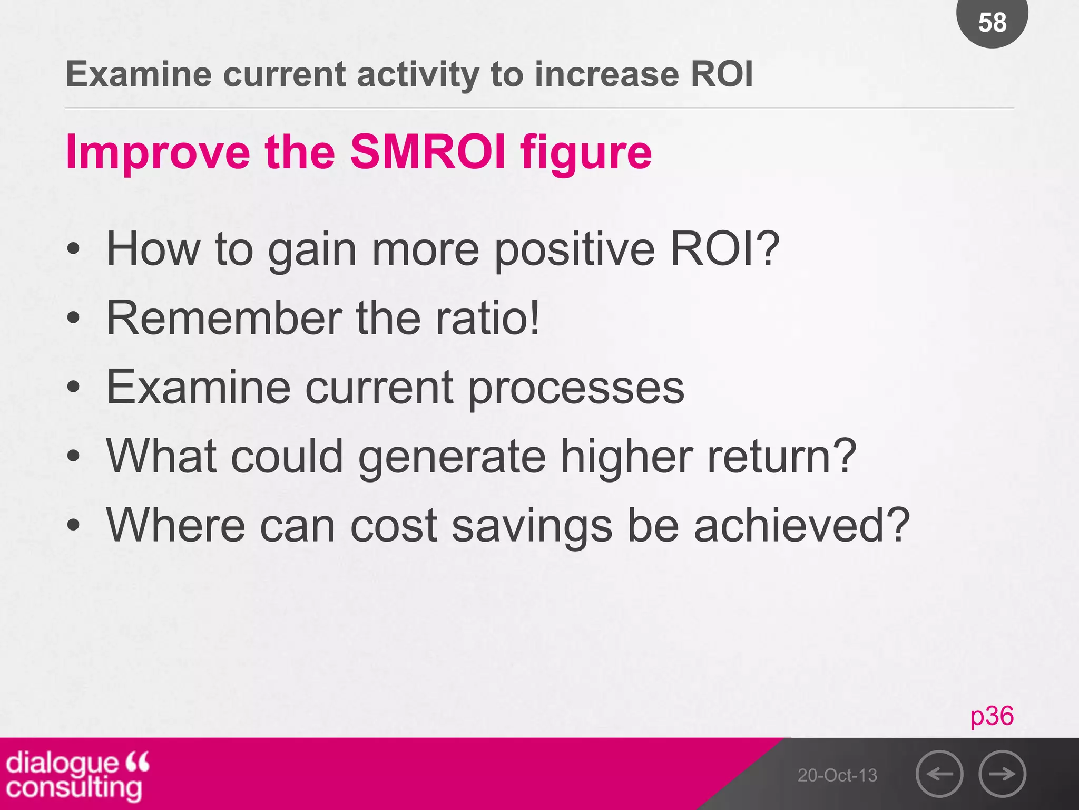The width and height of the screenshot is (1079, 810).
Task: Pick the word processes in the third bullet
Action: (x=576, y=388)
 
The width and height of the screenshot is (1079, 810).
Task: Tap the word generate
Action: (x=452, y=457)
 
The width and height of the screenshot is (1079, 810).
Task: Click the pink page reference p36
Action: (x=992, y=716)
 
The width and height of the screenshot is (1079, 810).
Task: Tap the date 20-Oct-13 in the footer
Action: (x=837, y=775)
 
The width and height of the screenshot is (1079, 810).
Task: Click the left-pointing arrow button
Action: (x=939, y=774)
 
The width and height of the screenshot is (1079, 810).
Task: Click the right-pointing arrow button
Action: (x=1002, y=774)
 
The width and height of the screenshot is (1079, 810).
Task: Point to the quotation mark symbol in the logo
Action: (x=138, y=761)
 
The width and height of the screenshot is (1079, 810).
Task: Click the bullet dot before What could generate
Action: (x=74, y=457)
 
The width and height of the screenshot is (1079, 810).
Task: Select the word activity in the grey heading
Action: (x=417, y=75)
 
